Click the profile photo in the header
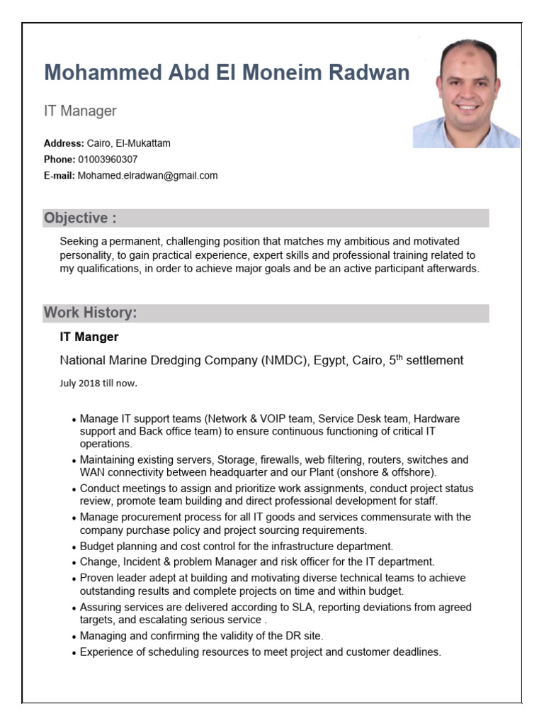466,94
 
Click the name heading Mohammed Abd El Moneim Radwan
227,72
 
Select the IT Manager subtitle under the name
80,111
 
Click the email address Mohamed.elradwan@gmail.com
147,175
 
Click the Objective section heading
80,218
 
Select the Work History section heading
91,313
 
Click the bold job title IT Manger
89,337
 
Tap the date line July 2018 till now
98,384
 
